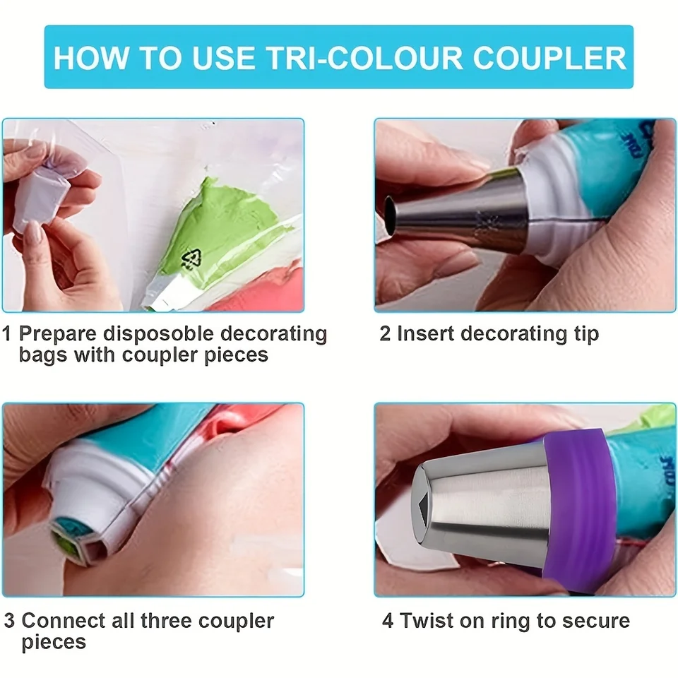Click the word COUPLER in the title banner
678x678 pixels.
coord(549,57)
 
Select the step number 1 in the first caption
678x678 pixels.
coord(6,334)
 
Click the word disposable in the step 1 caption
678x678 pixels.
coord(159,335)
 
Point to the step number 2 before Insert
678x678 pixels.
coord(385,334)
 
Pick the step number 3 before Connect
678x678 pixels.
coord(9,621)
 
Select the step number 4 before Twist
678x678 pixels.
coord(388,621)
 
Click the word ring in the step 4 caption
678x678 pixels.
coord(511,621)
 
